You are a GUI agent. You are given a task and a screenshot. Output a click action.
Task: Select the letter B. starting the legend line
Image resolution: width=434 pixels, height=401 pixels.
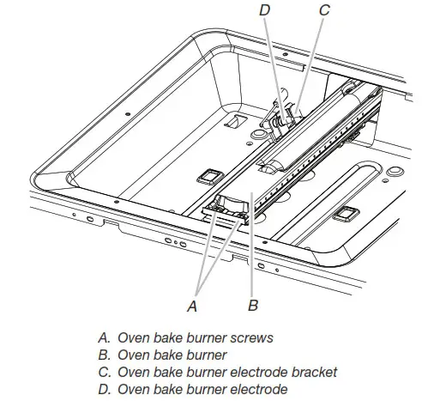tap(104, 355)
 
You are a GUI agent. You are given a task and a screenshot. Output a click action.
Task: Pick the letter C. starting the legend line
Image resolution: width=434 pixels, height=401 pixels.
tap(104, 372)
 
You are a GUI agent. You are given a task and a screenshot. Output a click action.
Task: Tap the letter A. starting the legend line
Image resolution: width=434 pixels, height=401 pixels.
tap(104, 337)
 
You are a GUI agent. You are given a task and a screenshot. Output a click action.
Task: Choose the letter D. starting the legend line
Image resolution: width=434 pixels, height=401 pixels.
tap(104, 389)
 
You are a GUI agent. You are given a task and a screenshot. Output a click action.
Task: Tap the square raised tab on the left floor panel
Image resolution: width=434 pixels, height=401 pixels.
tap(208, 178)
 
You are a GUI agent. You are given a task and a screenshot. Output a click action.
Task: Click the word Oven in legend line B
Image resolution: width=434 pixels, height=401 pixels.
tap(133, 355)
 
